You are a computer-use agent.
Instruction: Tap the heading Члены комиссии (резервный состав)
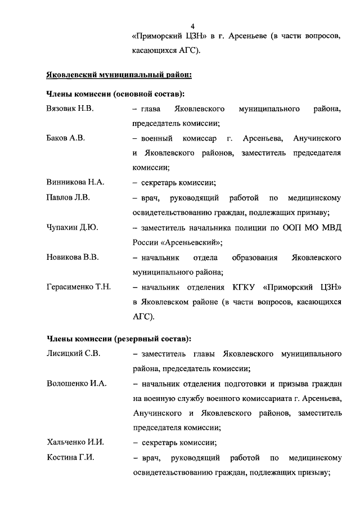pos(118,339)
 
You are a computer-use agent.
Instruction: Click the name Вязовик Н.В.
pos(69,108)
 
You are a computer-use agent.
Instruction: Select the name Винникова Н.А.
pos(75,182)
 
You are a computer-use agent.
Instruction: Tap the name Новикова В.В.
pos(73,257)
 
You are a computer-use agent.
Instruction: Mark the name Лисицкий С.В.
pos(73,354)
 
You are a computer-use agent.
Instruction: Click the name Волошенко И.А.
pos(76,384)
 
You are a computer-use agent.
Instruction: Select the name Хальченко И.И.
pos(75,442)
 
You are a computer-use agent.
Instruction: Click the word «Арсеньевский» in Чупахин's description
pos(189,242)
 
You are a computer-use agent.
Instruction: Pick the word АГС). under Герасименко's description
pos(143,317)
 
